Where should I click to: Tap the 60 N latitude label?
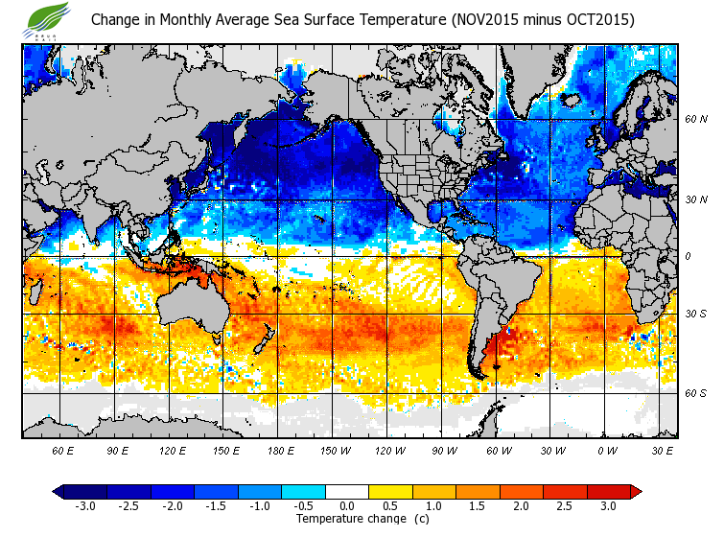click(x=696, y=120)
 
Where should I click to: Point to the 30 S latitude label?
click(x=696, y=314)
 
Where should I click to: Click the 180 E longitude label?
click(x=281, y=449)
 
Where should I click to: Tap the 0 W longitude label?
click(x=606, y=449)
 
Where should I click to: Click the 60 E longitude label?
click(x=63, y=449)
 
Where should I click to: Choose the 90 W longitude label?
click(x=443, y=449)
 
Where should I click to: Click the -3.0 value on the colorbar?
click(x=85, y=506)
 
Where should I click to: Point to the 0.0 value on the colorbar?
click(x=347, y=506)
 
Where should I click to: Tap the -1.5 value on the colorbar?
click(x=216, y=506)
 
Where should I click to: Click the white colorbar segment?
click(x=347, y=492)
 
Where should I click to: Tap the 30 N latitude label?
click(x=696, y=198)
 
